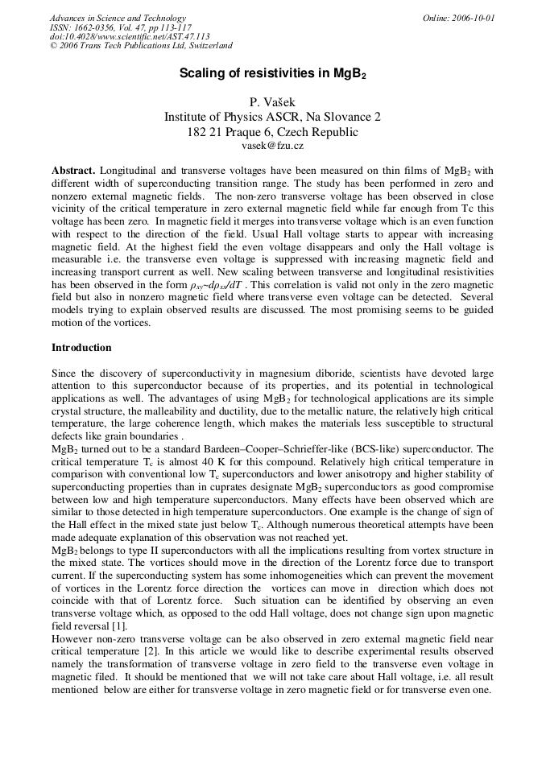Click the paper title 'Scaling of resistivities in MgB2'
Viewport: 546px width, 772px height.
[x=272, y=73]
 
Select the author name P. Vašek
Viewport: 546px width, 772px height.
[x=272, y=101]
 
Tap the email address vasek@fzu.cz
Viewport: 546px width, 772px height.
[x=272, y=146]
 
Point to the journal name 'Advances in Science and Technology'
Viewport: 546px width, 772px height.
[x=118, y=18]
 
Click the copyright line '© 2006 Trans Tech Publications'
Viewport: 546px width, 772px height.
[x=141, y=46]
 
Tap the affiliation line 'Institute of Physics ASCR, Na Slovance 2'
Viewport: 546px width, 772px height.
[x=272, y=117]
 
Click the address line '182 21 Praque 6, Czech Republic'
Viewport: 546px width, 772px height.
[x=272, y=132]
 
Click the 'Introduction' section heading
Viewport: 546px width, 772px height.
[x=81, y=347]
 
